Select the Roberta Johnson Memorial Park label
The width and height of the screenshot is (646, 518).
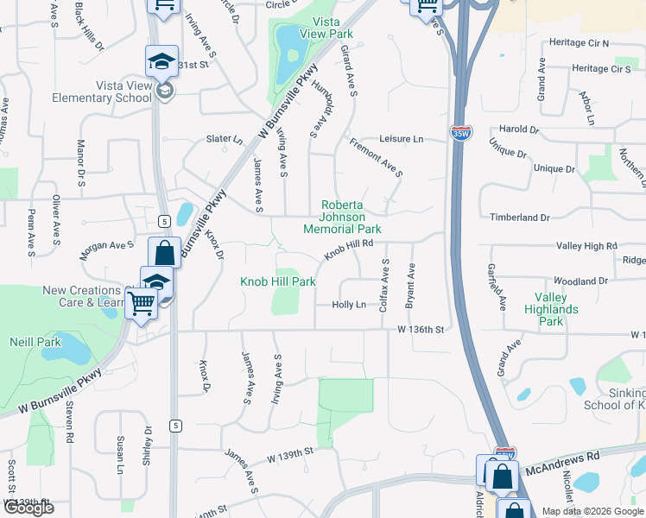click(x=342, y=217)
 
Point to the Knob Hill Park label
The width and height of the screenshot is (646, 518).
click(x=277, y=281)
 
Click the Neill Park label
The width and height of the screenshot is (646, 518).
click(x=35, y=342)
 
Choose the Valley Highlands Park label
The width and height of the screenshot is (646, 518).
click(x=549, y=309)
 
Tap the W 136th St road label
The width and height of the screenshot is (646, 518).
click(x=421, y=329)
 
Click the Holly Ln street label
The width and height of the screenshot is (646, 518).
click(x=349, y=305)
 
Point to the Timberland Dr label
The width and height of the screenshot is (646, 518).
click(x=520, y=218)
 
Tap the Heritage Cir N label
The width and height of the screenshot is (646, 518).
click(x=604, y=42)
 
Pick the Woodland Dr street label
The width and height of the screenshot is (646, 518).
click(x=581, y=281)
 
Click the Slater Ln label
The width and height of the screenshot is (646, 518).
click(x=223, y=138)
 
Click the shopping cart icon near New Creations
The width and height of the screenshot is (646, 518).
click(x=141, y=303)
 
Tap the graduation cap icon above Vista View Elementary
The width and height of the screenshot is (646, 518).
click(x=161, y=60)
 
